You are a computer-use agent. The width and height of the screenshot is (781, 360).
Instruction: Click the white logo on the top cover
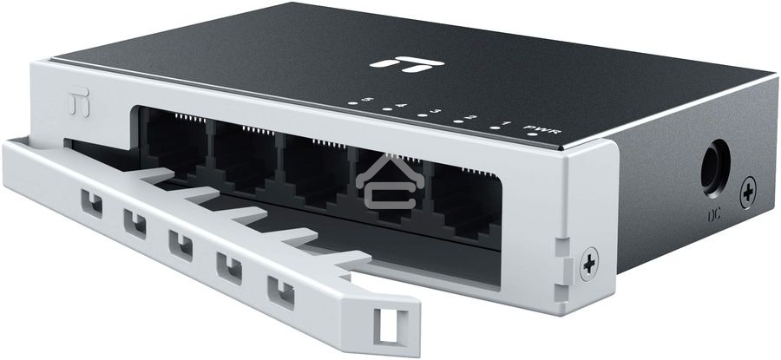395,62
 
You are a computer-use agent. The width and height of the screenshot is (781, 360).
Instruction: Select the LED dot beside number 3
419,115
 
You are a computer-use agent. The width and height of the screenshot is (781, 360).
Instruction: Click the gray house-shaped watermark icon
387,185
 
